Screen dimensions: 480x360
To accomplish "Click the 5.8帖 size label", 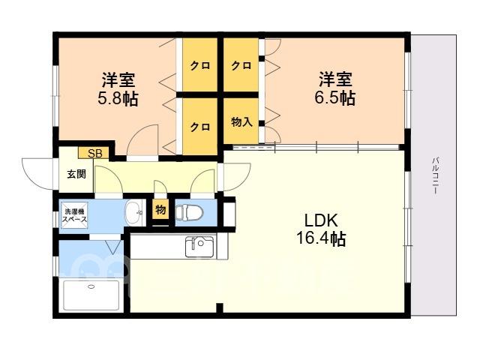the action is click(118, 98).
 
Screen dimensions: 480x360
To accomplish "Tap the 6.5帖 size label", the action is click(335, 98).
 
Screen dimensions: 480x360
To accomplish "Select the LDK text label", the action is click(321, 220).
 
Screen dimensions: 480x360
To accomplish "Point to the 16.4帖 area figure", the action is click(321, 238).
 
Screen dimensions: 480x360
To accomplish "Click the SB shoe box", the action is click(93, 153).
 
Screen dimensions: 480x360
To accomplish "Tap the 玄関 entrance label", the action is click(76, 174).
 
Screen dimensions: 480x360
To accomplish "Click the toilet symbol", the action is click(190, 212).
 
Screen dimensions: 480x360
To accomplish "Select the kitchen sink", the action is click(199, 247).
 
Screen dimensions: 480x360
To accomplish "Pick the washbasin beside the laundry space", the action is click(135, 213).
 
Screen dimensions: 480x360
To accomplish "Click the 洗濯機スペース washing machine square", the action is click(75, 215).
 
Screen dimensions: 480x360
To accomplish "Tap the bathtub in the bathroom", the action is click(91, 295).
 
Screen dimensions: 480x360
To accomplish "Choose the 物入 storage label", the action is click(241, 121).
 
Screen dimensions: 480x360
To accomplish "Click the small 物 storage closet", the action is click(160, 210).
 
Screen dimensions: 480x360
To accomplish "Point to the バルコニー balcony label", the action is click(435, 175).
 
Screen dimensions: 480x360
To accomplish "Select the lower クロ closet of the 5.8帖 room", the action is click(200, 126).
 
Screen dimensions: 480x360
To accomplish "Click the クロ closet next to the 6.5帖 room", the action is click(241, 65).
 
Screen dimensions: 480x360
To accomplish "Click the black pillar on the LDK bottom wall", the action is click(219, 307).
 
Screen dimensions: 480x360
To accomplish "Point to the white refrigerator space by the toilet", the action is click(229, 213).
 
